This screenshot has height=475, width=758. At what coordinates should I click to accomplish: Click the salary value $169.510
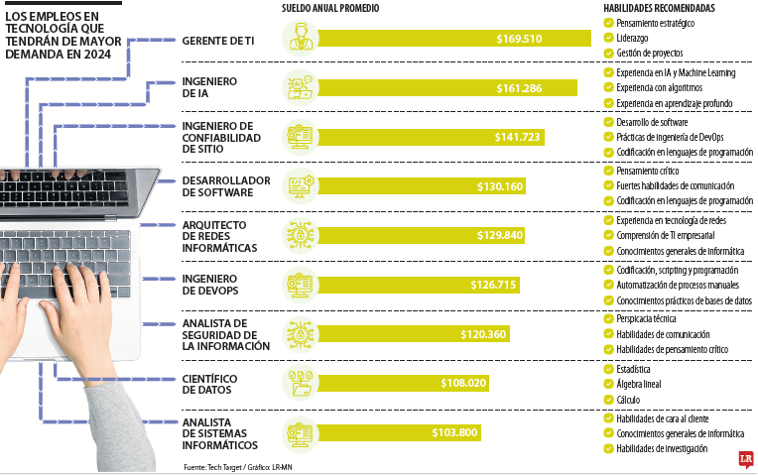[520, 39]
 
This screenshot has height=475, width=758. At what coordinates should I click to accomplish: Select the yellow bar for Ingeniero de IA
[446, 88]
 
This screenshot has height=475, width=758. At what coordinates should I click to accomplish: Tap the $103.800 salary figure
[455, 432]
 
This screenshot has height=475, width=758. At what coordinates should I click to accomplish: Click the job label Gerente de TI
[219, 39]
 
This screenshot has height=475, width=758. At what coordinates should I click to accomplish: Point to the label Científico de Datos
[209, 384]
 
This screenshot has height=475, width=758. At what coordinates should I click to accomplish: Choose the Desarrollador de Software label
[225, 185]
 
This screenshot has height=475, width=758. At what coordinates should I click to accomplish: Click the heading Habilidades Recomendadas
[661, 9]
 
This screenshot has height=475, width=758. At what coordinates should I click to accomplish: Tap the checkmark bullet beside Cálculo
[608, 400]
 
